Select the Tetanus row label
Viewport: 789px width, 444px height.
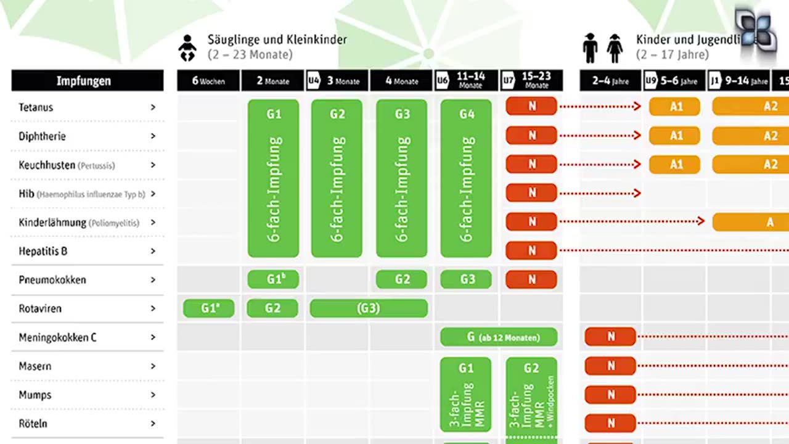click(x=36, y=107)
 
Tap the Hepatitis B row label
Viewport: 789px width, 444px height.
click(x=43, y=251)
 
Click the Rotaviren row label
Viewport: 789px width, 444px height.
click(x=40, y=308)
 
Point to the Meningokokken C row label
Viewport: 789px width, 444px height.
click(x=57, y=337)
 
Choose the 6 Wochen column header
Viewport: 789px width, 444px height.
click(x=208, y=81)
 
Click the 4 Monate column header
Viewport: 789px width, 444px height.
click(x=402, y=81)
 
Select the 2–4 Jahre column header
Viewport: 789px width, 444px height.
click(x=610, y=81)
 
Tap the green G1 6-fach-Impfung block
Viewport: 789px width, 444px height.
click(x=273, y=178)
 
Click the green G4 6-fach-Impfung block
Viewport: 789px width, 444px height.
click(x=466, y=178)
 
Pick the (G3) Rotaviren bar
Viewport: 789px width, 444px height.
click(x=369, y=308)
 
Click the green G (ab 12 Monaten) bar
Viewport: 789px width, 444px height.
click(x=499, y=337)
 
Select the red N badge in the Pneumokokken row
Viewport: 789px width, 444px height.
click(x=531, y=279)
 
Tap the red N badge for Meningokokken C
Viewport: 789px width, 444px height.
click(x=610, y=337)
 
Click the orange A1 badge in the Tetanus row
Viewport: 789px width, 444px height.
click(x=674, y=106)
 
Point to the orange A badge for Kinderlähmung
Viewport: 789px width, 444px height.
click(x=751, y=222)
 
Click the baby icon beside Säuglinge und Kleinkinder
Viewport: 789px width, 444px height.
click(x=187, y=49)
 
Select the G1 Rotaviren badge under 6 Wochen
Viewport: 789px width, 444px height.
click(x=209, y=308)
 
